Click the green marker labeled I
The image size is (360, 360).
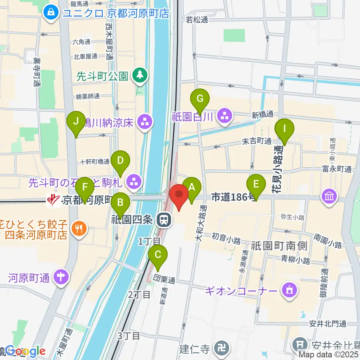(x=284, y=129)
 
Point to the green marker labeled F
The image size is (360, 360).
(x=85, y=187)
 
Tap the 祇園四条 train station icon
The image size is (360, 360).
(x=163, y=220)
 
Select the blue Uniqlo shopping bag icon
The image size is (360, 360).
(x=49, y=13)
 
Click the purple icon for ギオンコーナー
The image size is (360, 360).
(x=288, y=291)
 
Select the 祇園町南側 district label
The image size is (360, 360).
(x=279, y=246)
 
